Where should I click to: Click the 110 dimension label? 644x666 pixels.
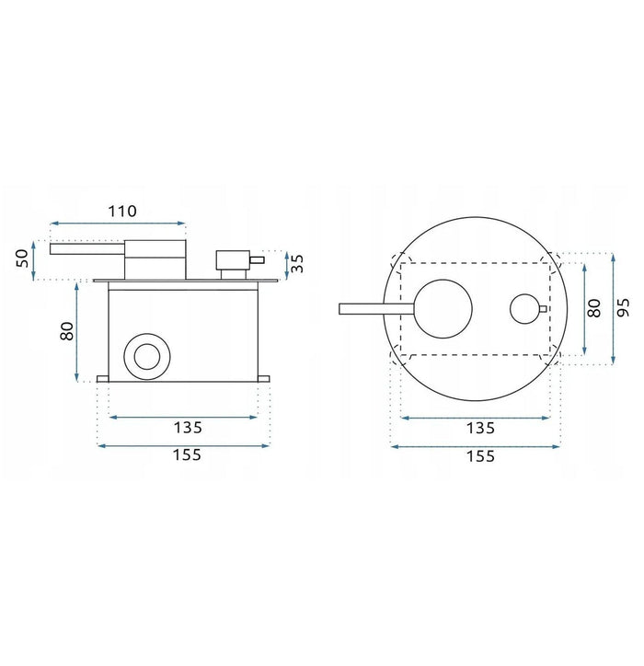pos(122,211)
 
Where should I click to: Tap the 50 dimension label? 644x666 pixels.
pos(22,258)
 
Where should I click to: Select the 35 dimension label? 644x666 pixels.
pos(297,263)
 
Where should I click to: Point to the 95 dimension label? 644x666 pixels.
pos(623,307)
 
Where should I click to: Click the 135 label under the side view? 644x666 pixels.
pos(188,428)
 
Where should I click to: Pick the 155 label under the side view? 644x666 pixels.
pos(187,455)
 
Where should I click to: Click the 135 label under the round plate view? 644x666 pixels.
pos(480,428)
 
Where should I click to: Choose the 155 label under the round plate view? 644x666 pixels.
pos(480,456)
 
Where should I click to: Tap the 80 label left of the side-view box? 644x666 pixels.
pos(67,331)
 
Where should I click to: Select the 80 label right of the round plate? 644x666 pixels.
pos(594,308)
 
